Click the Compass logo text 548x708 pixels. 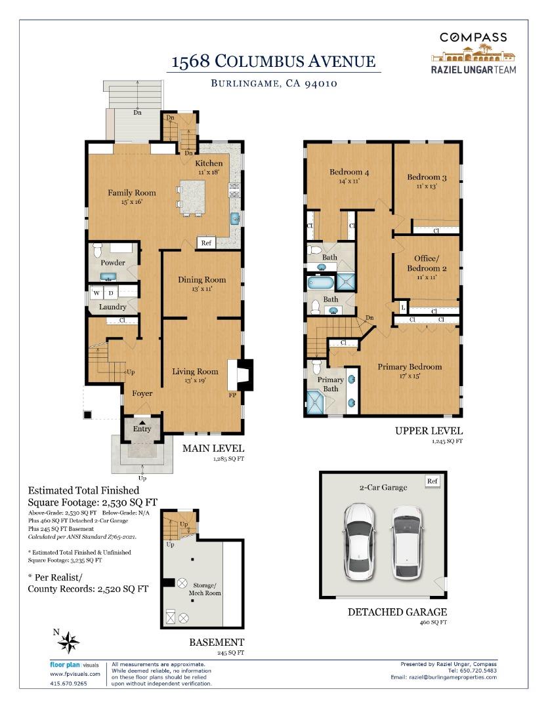473,37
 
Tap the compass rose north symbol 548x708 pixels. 68,640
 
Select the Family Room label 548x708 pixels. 132,193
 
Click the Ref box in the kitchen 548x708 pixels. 206,243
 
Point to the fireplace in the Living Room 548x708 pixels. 237,375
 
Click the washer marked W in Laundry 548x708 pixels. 97,292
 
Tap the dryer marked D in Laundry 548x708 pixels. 111,292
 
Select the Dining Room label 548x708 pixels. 201,279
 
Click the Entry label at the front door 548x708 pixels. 142,429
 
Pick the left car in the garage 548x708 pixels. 360,541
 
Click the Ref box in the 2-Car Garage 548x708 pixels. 432,481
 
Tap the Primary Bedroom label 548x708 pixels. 410,366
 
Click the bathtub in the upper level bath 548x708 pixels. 321,283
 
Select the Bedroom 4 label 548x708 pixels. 348,172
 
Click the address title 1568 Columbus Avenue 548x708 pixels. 273,62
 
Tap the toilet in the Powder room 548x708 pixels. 98,250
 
